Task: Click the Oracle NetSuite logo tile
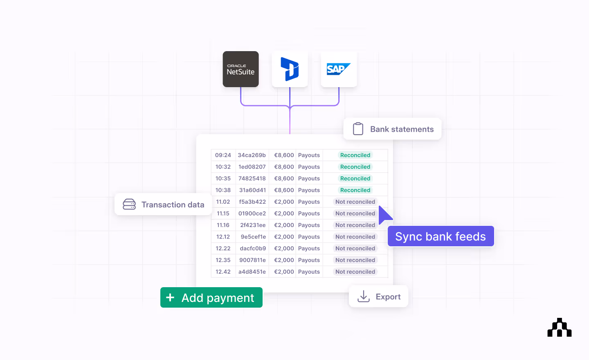pyautogui.click(x=241, y=69)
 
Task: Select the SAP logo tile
pyautogui.click(x=339, y=69)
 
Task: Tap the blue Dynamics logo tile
pyautogui.click(x=290, y=69)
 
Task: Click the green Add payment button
pyautogui.click(x=211, y=297)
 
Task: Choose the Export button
pyautogui.click(x=378, y=297)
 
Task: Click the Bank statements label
pyautogui.click(x=402, y=129)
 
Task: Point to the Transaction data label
pyautogui.click(x=173, y=205)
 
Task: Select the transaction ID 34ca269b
pyautogui.click(x=252, y=155)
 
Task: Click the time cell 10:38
pyautogui.click(x=223, y=190)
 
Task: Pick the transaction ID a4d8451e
pyautogui.click(x=252, y=272)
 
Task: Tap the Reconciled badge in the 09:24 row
pyautogui.click(x=355, y=155)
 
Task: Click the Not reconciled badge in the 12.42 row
pyautogui.click(x=355, y=272)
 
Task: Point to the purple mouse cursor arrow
pyautogui.click(x=384, y=215)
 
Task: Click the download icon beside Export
pyautogui.click(x=363, y=297)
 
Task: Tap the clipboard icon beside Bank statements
pyautogui.click(x=358, y=129)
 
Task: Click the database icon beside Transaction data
pyautogui.click(x=129, y=204)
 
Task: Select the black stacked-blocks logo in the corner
pyautogui.click(x=559, y=328)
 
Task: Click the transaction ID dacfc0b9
pyautogui.click(x=253, y=248)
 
